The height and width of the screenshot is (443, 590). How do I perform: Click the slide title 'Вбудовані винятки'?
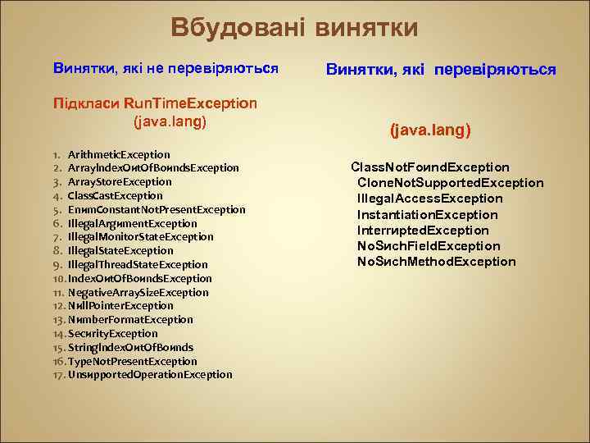click(x=294, y=28)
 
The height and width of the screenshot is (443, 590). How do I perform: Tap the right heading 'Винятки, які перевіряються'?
click(x=441, y=70)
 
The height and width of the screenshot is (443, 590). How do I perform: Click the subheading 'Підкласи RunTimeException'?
click(x=155, y=104)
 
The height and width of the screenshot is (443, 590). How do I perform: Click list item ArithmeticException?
click(x=119, y=154)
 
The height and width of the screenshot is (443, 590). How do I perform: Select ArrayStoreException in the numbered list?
click(x=120, y=181)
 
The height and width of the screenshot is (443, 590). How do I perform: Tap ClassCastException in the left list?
click(x=115, y=195)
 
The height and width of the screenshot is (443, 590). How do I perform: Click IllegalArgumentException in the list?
click(x=132, y=223)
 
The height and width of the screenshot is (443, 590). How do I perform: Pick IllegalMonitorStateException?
click(x=140, y=237)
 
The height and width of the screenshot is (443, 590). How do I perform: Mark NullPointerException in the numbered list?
click(x=120, y=306)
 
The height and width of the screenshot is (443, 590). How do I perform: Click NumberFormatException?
click(x=130, y=320)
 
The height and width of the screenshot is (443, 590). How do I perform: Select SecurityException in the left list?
click(x=113, y=334)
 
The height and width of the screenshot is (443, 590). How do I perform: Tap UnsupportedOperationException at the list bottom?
click(x=150, y=375)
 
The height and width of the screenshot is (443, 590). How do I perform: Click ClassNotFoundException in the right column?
click(x=430, y=167)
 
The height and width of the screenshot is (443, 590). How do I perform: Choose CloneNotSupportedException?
click(x=450, y=182)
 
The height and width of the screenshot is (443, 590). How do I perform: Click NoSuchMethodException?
click(x=437, y=261)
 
